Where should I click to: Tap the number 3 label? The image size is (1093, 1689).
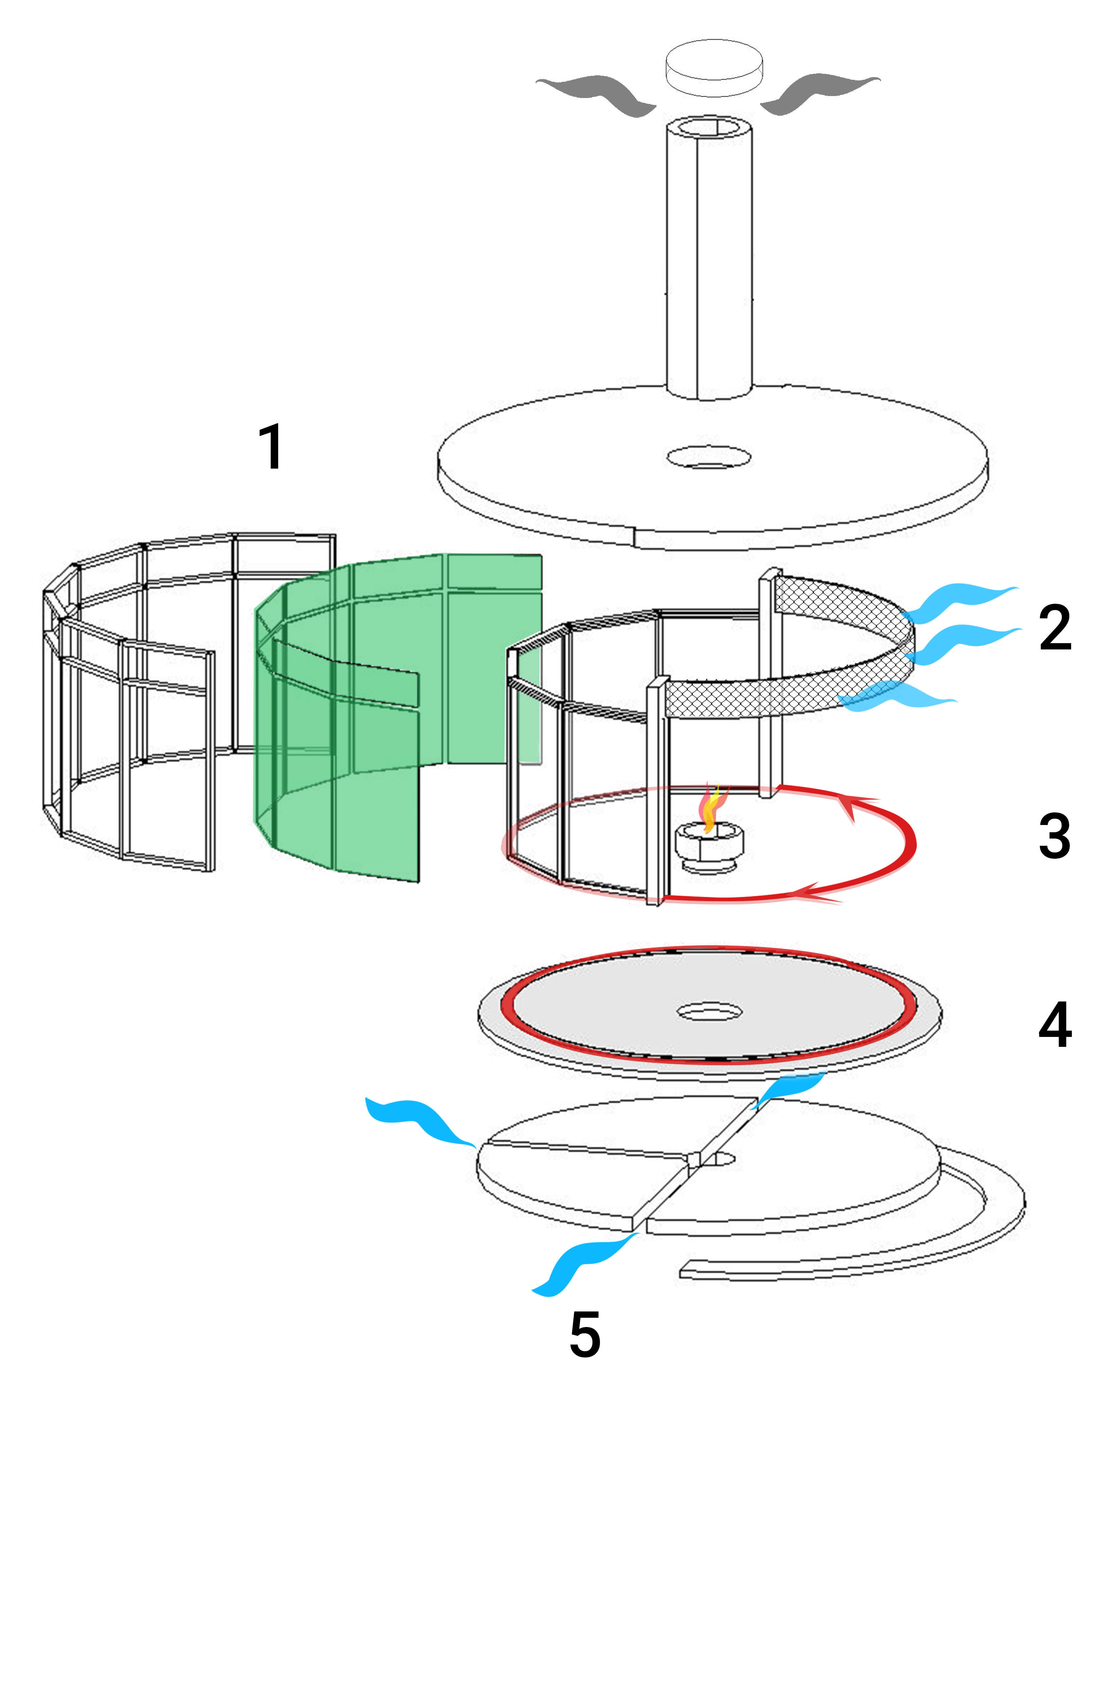[1055, 836]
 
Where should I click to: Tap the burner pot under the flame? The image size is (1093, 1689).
[710, 844]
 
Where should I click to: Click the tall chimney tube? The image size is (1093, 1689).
[708, 263]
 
